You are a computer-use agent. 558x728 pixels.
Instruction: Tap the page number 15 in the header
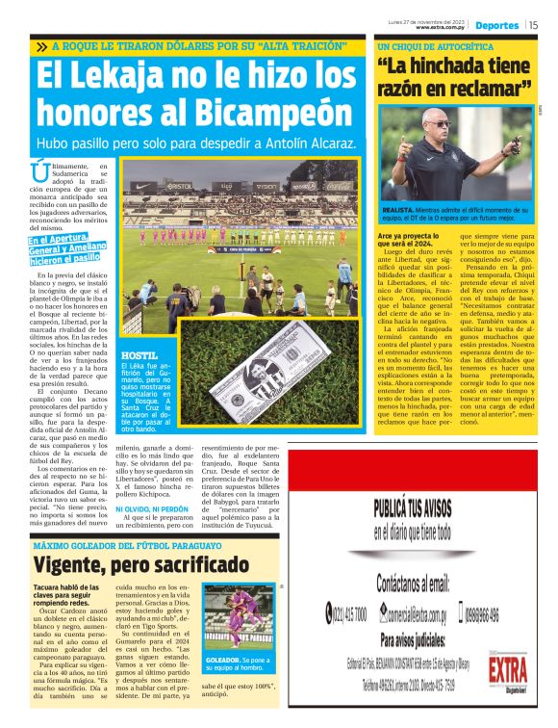tap(532, 25)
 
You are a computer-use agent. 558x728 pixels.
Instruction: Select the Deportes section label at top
tap(496, 25)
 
